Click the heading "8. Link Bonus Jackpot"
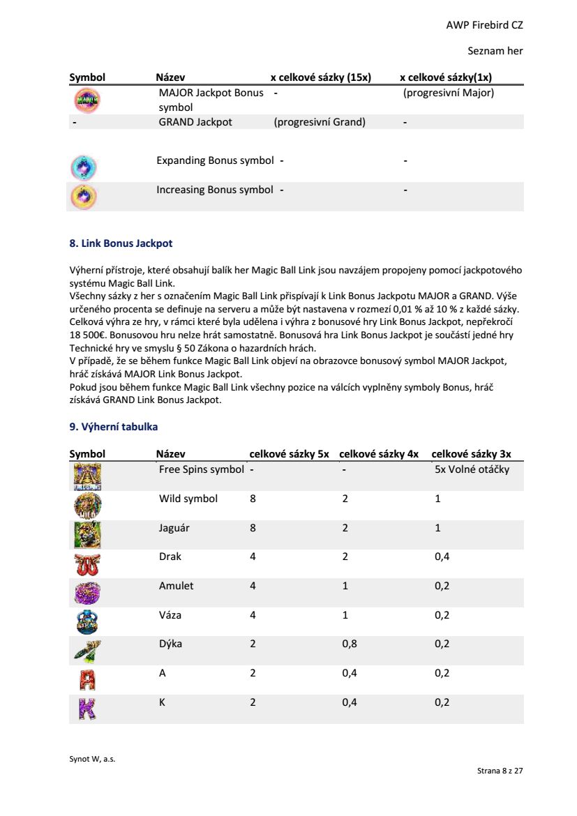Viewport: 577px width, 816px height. (121, 243)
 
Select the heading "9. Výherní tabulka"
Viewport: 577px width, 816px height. (113, 426)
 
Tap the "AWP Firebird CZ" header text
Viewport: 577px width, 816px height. (484, 25)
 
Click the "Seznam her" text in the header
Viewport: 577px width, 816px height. (495, 51)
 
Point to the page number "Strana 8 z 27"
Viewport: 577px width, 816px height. (500, 771)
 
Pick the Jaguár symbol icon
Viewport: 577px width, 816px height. (87, 534)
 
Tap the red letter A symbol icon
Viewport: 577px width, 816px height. (87, 679)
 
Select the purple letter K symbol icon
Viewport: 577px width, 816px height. (87, 709)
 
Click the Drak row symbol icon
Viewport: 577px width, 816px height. (87, 564)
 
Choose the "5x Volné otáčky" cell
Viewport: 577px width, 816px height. (472, 469)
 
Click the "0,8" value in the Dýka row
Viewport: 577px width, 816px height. (350, 644)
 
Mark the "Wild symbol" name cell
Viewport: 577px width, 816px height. (188, 499)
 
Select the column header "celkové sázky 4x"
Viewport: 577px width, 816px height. (379, 454)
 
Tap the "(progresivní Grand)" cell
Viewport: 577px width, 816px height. (320, 122)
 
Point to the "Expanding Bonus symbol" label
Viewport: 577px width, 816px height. (215, 160)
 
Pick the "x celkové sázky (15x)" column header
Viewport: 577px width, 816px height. (320, 77)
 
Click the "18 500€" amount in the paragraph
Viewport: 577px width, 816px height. (86, 335)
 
